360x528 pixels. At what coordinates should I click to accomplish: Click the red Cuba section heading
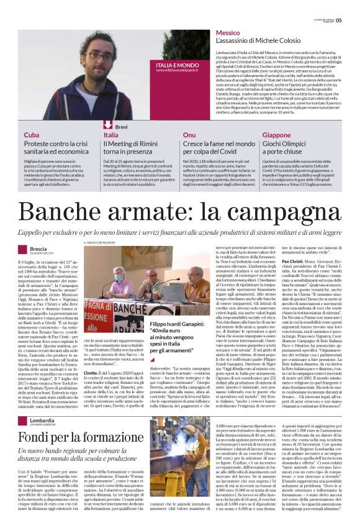click(32, 135)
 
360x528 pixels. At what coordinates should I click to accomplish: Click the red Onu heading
click(189, 135)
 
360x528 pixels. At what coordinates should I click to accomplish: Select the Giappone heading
click(277, 135)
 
